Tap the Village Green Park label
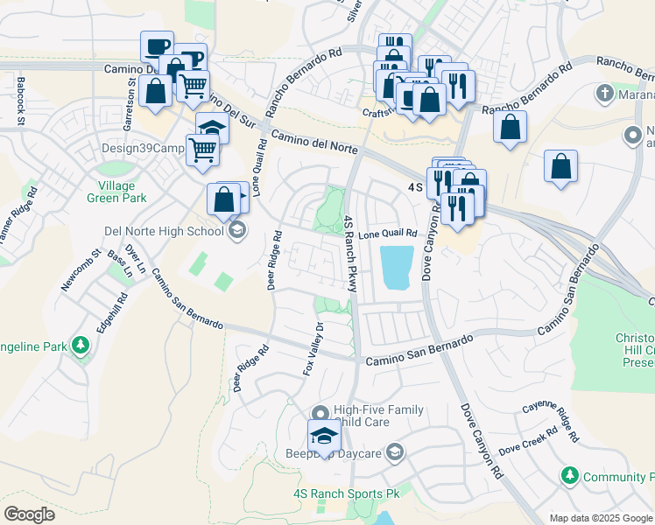point(111,192)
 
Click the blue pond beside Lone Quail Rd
point(397,267)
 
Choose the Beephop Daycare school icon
point(395,452)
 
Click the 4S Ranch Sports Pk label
point(346,494)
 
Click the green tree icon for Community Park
point(570,475)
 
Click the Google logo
point(29,514)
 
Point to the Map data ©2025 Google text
point(600,518)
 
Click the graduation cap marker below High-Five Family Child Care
point(323,436)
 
